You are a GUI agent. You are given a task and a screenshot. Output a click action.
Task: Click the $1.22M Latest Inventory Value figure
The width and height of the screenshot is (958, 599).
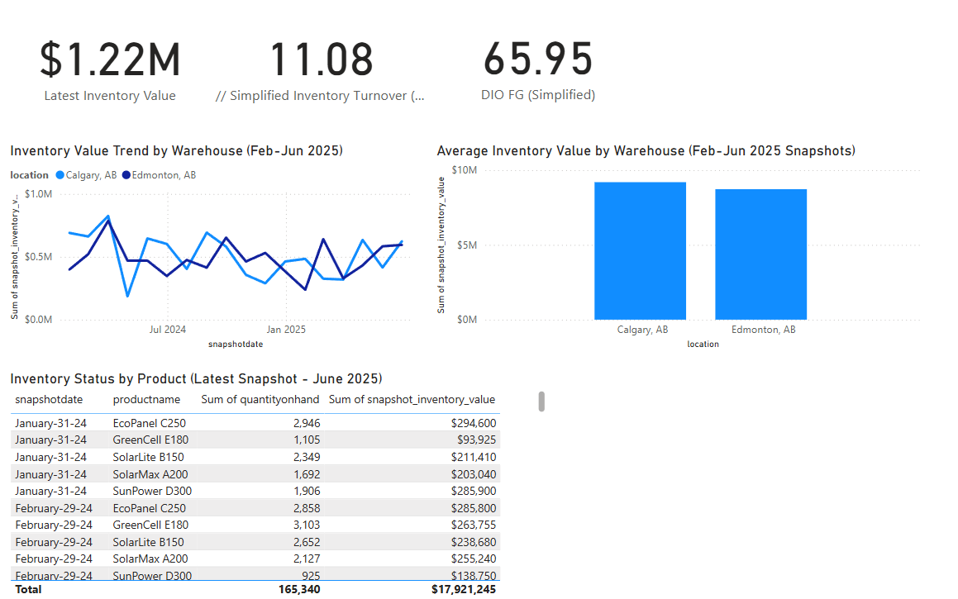click(x=110, y=60)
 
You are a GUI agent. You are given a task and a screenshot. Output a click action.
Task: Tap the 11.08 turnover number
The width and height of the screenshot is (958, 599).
click(x=322, y=60)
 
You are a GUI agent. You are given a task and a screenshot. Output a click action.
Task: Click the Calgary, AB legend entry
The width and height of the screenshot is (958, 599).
click(x=87, y=175)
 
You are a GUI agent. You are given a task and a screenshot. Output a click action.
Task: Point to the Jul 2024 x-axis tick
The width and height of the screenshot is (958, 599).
click(x=168, y=330)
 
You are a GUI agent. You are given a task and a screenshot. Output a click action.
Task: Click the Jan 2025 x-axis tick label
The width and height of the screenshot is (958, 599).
click(x=286, y=330)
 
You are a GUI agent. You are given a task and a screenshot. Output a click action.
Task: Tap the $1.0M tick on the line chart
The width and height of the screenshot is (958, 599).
click(x=40, y=194)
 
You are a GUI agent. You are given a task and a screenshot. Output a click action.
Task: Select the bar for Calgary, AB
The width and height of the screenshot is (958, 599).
click(x=640, y=250)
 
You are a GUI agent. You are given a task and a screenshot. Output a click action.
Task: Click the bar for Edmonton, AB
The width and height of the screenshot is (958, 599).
click(x=760, y=254)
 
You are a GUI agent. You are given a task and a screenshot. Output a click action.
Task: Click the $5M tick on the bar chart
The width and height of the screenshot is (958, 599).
click(x=466, y=245)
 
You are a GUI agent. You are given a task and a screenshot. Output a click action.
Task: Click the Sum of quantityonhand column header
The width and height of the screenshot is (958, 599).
click(x=260, y=400)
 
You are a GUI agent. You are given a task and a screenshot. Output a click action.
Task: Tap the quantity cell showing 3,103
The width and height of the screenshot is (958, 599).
click(x=306, y=525)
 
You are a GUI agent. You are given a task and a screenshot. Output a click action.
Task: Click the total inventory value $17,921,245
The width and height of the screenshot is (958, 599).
click(x=463, y=589)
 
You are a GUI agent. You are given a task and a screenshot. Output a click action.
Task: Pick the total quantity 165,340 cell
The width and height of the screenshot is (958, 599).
click(x=298, y=589)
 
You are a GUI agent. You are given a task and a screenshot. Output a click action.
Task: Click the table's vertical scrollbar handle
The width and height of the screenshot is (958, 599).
click(x=541, y=402)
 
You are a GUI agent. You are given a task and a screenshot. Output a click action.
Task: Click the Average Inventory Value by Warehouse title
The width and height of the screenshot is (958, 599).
click(x=646, y=150)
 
